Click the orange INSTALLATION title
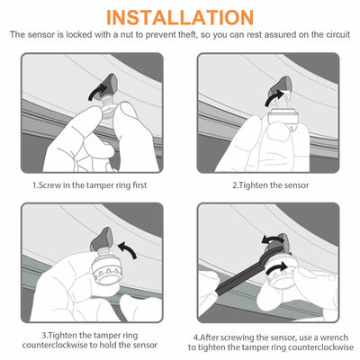[x=180, y=17]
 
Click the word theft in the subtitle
[x=186, y=34]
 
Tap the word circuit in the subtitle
[x=338, y=34]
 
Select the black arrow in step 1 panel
[x=98, y=92]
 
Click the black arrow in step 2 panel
[x=274, y=98]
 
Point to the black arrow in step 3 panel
[x=128, y=249]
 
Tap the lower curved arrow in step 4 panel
[x=276, y=267]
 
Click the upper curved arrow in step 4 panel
[x=271, y=240]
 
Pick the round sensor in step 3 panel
[x=107, y=268]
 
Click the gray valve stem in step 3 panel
[x=100, y=240]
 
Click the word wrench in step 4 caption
[x=334, y=337]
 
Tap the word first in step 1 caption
[x=139, y=185]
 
